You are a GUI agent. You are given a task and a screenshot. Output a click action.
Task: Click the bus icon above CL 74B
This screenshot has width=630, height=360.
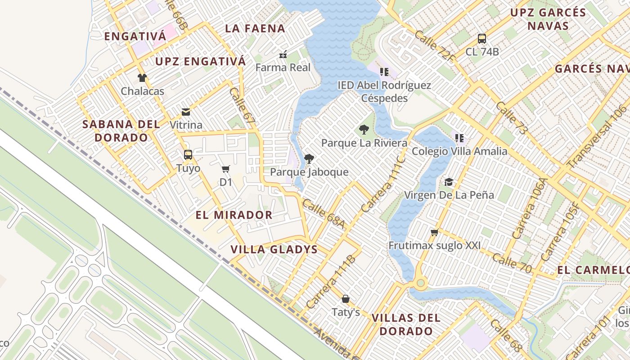click(482, 38)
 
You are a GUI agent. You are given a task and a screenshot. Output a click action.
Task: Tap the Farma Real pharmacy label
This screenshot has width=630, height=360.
click(283, 67)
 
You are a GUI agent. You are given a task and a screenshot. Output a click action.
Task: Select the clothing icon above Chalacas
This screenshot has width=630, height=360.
click(142, 78)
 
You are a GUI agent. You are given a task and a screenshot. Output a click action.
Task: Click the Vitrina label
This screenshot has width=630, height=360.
click(186, 125)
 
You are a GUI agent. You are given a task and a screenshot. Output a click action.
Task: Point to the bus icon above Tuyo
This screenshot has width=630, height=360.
click(188, 155)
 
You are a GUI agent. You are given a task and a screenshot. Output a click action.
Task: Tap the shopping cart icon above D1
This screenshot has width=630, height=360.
click(225, 169)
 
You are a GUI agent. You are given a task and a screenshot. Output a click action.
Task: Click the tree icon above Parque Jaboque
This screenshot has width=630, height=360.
click(309, 158)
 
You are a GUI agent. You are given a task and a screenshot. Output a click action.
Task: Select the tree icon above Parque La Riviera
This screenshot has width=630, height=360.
click(364, 130)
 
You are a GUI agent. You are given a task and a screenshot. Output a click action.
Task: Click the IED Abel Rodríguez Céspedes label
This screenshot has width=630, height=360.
click(384, 91)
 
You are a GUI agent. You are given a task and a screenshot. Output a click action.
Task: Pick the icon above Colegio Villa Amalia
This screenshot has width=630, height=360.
click(459, 138)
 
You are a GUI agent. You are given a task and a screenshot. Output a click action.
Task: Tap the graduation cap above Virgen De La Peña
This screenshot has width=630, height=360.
click(449, 182)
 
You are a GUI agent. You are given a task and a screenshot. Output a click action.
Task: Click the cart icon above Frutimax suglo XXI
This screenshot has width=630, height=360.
click(434, 233)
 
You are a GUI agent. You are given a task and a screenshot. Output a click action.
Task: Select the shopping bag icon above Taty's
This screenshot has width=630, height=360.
click(346, 299)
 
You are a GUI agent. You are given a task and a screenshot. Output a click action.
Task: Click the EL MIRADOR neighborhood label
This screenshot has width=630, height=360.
click(234, 215)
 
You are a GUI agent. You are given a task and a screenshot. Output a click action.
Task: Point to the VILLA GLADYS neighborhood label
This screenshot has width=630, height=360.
click(274, 249)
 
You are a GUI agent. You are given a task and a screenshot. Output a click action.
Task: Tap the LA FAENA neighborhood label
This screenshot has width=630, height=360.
click(255, 28)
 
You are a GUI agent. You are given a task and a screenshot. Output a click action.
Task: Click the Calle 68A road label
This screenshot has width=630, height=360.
click(323, 213)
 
